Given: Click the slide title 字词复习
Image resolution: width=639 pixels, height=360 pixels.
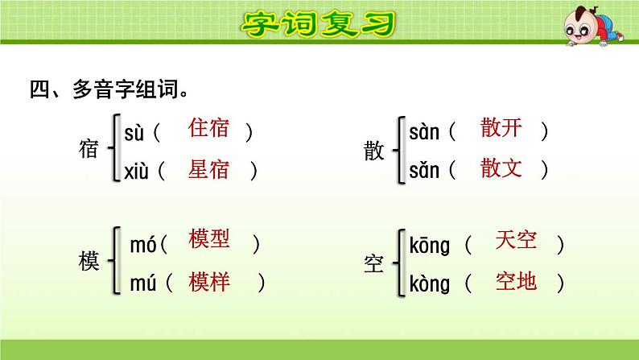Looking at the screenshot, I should [x=319, y=24].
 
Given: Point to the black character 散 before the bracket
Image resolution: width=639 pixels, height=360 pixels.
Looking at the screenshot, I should [x=374, y=150].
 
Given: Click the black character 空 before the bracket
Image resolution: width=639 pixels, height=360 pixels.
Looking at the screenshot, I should [x=374, y=262].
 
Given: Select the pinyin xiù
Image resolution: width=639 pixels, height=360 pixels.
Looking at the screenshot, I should [x=135, y=170].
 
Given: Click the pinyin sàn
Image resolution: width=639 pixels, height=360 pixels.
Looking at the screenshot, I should [x=424, y=131].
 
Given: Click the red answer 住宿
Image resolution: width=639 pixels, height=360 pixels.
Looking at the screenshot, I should [x=208, y=129].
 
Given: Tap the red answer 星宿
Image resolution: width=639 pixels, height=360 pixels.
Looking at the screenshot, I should [x=208, y=168].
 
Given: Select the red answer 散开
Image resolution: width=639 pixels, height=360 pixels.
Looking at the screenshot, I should [x=501, y=129].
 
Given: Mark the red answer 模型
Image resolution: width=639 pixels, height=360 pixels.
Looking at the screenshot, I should [x=209, y=240].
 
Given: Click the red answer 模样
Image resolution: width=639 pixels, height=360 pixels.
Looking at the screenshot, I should [x=209, y=281].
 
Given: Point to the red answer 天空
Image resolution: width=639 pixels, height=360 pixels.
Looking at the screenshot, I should [x=517, y=241].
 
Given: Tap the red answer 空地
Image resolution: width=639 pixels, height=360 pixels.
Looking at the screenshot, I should [x=517, y=281].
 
